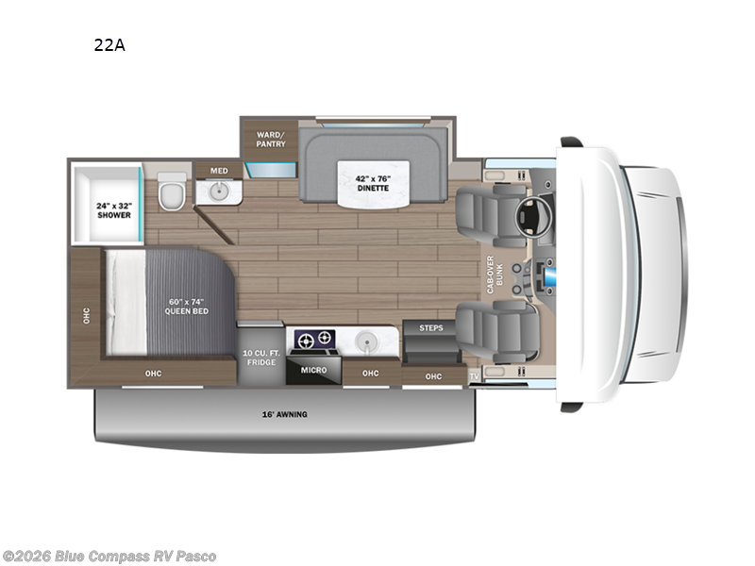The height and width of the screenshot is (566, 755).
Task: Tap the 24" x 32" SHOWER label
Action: pyautogui.click(x=112, y=210)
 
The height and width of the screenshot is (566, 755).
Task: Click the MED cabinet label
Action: pyautogui.click(x=218, y=171)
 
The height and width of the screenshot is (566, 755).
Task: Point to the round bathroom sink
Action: pyautogui.click(x=217, y=192)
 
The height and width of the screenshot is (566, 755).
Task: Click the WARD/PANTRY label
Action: pyautogui.click(x=271, y=139)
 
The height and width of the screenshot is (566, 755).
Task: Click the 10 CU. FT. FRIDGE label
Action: pyautogui.click(x=260, y=357)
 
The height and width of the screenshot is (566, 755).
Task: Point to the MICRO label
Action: pyautogui.click(x=314, y=370)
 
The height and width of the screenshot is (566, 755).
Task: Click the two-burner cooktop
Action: pyautogui.click(x=314, y=338)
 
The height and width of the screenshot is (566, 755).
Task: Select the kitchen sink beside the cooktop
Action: pyautogui.click(x=368, y=338)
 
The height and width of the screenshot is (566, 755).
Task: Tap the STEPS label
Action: pyautogui.click(x=430, y=328)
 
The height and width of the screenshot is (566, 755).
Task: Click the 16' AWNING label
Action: pyautogui.click(x=284, y=414)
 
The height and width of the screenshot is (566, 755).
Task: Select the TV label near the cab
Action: pyautogui.click(x=474, y=376)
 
